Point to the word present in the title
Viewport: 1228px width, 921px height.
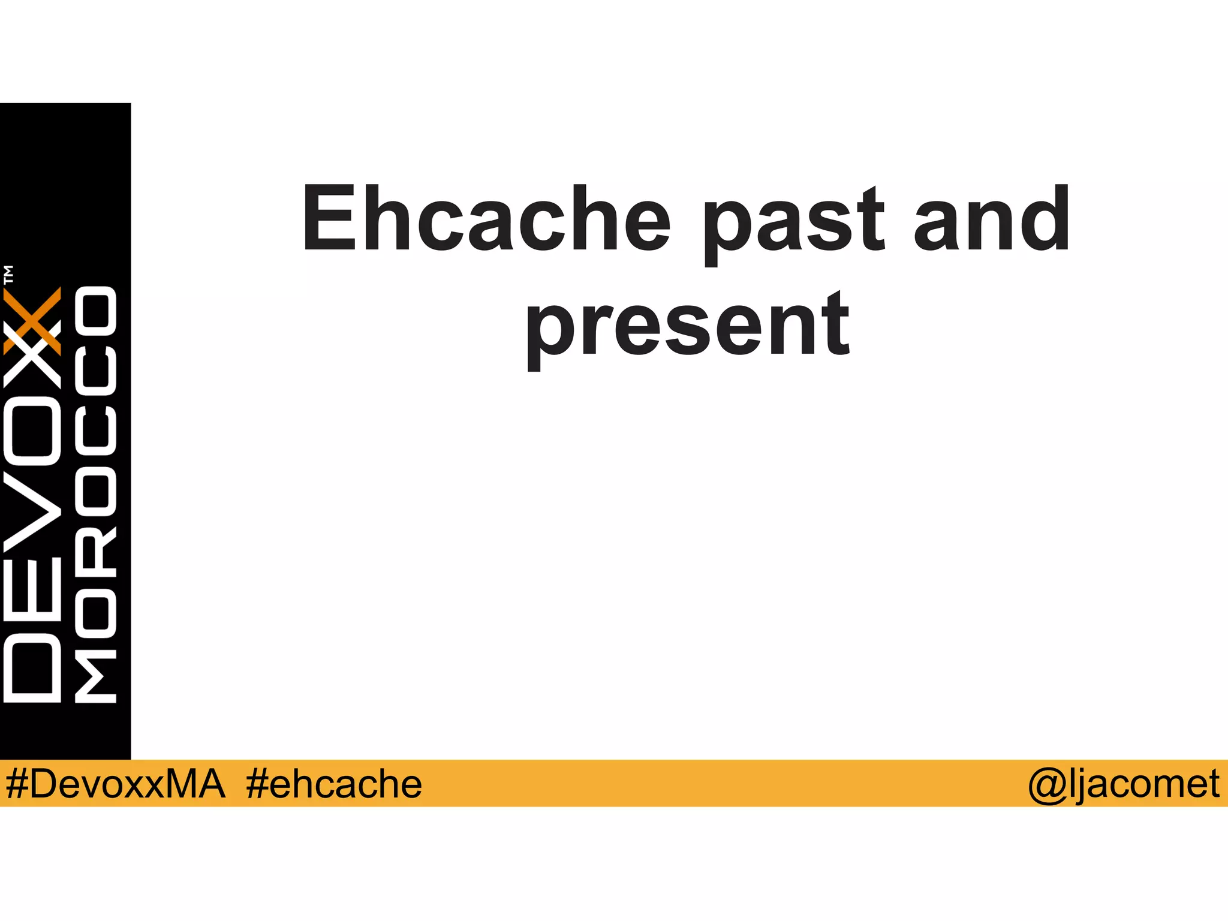688,327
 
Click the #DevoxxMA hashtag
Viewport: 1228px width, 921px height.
115,784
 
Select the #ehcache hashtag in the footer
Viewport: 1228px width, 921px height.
334,784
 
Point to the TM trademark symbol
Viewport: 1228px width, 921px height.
8,274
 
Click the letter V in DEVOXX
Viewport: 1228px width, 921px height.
32,515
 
